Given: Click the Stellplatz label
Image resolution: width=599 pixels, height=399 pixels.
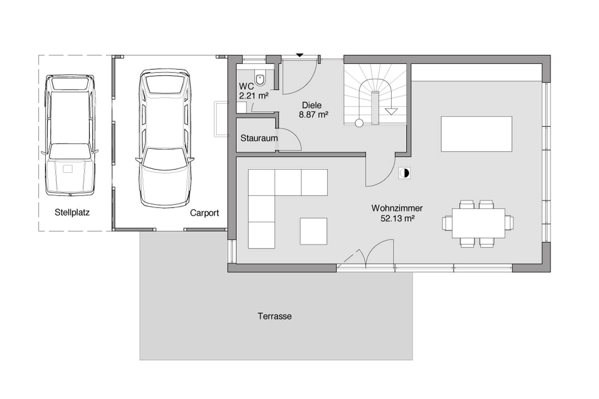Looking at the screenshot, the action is pyautogui.click(x=72, y=212).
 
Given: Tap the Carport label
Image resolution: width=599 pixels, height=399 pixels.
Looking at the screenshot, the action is pyautogui.click(x=204, y=213).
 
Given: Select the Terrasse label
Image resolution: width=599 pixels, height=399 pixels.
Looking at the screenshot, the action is pyautogui.click(x=275, y=316).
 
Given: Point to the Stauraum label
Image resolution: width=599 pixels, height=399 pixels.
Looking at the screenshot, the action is pyautogui.click(x=259, y=138).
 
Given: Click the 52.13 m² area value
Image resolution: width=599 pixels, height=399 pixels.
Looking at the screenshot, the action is pyautogui.click(x=397, y=218).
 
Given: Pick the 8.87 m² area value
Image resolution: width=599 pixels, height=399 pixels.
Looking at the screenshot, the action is pyautogui.click(x=313, y=115).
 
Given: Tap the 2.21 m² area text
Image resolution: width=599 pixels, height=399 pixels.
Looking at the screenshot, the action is pyautogui.click(x=254, y=96).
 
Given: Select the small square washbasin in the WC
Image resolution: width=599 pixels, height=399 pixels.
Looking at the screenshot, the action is pyautogui.click(x=241, y=107).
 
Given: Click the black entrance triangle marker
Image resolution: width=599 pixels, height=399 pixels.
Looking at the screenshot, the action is pyautogui.click(x=299, y=55).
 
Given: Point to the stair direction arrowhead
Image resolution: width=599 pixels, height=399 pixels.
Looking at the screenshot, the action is pyautogui.click(x=391, y=111).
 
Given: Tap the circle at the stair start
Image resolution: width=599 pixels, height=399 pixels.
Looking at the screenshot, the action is pyautogui.click(x=359, y=123).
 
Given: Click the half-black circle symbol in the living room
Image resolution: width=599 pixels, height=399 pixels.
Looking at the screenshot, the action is pyautogui.click(x=404, y=173).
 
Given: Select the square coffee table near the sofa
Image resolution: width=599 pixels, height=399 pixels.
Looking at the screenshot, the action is pyautogui.click(x=313, y=231).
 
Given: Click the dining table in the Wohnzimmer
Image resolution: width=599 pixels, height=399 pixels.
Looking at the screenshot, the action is pyautogui.click(x=478, y=223).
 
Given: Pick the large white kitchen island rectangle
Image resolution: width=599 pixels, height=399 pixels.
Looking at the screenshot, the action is pyautogui.click(x=476, y=134).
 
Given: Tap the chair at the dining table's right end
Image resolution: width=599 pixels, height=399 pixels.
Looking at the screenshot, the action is pyautogui.click(x=509, y=223).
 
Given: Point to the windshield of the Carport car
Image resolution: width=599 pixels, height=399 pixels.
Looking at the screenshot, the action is pyautogui.click(x=165, y=159).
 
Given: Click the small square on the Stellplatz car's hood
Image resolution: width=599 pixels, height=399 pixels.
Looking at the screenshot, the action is pyautogui.click(x=67, y=169).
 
